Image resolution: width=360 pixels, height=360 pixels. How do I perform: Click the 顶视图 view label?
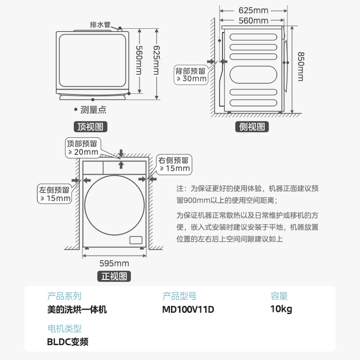coord(90,127)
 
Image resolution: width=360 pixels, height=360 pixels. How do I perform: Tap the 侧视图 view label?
coord(252,127)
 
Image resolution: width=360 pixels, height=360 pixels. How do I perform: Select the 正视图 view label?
coord(114,276)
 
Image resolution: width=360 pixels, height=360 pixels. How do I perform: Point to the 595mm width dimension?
coord(114,263)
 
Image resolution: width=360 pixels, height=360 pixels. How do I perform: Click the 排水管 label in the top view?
coord(100,25)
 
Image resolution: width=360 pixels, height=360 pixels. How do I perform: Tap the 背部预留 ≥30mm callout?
coord(191,75)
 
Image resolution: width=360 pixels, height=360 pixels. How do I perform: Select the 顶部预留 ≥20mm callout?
coord(82,148)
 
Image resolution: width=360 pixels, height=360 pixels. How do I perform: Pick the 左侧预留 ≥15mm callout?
coord(55,194)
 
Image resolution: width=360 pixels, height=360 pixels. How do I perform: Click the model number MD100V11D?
coord(188,310)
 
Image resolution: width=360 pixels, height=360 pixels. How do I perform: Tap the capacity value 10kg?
coord(281,310)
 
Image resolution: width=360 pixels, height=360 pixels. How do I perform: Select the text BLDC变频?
coord(68,342)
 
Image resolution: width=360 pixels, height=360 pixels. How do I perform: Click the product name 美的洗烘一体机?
coord(77,310)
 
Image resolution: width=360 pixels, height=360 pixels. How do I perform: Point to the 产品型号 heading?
coord(179,296)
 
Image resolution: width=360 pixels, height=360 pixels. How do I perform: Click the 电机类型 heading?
coord(64,328)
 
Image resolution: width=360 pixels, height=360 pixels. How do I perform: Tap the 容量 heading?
coord(279,296)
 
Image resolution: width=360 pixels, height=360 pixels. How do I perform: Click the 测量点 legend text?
coord(93,109)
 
